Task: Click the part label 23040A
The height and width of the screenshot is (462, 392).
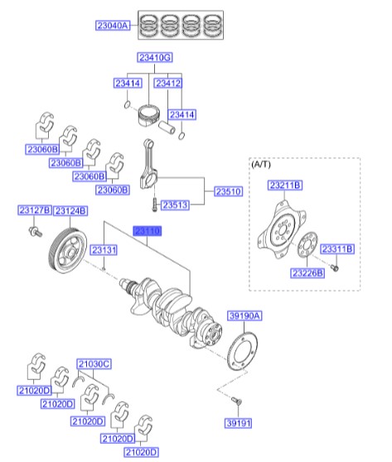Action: click(114, 26)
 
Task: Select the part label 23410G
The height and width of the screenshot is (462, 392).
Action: click(155, 57)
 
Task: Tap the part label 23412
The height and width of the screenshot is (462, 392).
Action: click(169, 84)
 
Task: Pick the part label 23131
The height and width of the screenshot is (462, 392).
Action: click(104, 249)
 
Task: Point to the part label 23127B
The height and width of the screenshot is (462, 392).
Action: click(35, 210)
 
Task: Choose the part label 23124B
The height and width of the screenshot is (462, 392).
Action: click(70, 210)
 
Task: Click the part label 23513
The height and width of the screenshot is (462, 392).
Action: click(176, 205)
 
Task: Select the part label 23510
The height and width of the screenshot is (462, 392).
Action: click(228, 190)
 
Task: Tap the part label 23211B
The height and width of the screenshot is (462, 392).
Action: click(284, 185)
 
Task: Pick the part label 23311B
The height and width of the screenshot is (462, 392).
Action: click(336, 248)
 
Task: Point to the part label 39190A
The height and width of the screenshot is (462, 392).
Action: click(244, 315)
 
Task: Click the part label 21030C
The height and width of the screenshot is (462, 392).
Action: click(94, 363)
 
